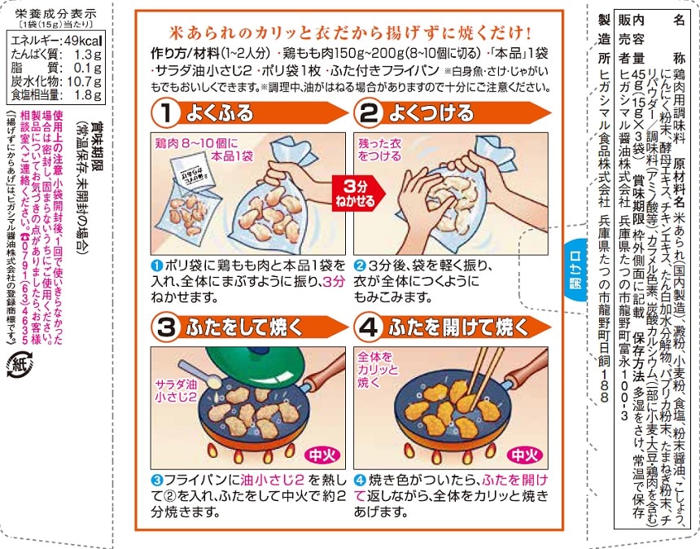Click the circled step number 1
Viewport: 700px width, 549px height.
click(x=165, y=113)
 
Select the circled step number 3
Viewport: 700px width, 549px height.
click(x=165, y=328)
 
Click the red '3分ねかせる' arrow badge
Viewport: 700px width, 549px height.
click(x=358, y=193)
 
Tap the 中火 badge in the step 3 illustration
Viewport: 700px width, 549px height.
click(x=322, y=455)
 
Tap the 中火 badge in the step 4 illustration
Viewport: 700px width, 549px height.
click(x=524, y=455)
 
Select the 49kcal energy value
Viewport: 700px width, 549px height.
click(x=84, y=41)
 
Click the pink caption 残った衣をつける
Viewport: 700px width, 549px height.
click(x=379, y=150)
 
